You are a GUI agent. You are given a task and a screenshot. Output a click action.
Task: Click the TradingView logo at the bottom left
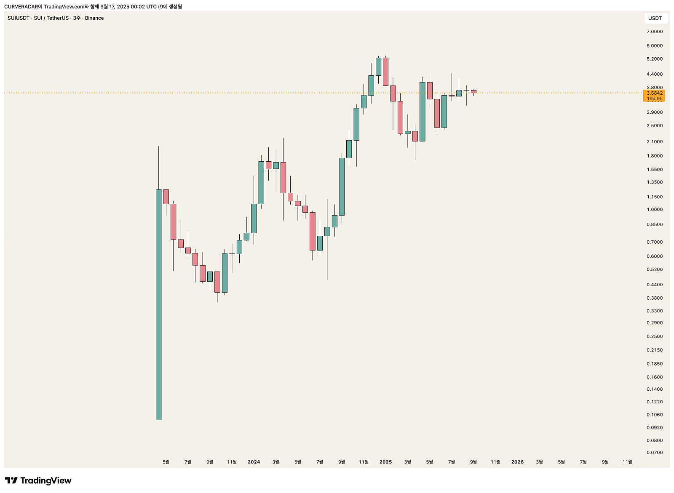(x=38, y=481)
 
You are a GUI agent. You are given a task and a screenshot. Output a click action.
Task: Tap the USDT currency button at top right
(x=655, y=18)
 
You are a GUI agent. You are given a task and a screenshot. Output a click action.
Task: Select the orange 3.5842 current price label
(x=655, y=93)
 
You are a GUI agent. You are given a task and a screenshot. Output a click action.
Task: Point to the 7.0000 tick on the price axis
(x=655, y=32)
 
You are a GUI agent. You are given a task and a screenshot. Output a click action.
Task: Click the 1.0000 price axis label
(x=655, y=210)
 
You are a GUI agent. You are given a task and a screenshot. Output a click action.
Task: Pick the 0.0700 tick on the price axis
(x=655, y=453)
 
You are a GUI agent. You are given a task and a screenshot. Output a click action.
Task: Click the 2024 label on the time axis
(x=254, y=462)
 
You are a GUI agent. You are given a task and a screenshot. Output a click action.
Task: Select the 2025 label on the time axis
(x=385, y=462)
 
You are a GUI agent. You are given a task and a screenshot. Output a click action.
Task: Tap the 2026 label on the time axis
(x=517, y=462)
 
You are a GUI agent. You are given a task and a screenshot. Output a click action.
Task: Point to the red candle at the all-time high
(x=385, y=72)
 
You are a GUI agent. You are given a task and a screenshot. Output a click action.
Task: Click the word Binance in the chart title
(x=94, y=18)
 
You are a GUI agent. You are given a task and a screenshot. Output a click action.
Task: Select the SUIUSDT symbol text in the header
(x=19, y=18)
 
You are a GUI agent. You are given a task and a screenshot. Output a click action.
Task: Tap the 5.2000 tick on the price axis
(x=655, y=59)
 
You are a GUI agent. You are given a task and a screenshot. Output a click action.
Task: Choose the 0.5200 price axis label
(x=655, y=269)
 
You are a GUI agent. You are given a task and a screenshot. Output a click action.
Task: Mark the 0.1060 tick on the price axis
(x=655, y=415)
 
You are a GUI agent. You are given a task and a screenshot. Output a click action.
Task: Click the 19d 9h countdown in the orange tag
(x=655, y=99)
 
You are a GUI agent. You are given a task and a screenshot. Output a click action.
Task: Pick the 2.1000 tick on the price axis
(x=655, y=142)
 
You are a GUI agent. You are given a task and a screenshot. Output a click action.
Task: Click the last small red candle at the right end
(x=473, y=91)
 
